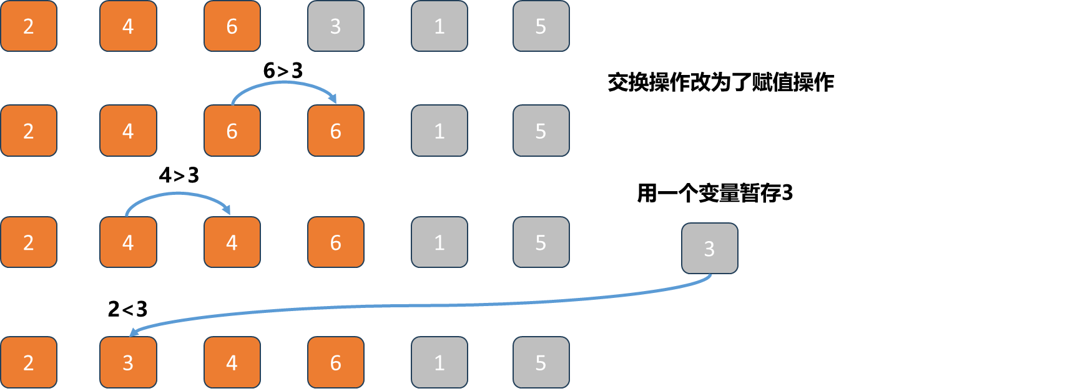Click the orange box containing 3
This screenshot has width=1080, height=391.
[128, 362]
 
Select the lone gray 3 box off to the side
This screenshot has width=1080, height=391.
[709, 249]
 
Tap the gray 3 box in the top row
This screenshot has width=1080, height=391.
[335, 26]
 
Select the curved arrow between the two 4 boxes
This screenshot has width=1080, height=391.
[178, 194]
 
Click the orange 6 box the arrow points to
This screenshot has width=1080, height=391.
[335, 131]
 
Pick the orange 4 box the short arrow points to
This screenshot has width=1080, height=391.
[232, 242]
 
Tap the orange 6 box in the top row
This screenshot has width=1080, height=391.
[232, 26]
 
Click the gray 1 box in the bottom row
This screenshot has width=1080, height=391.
[439, 362]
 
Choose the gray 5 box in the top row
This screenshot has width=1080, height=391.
[541, 26]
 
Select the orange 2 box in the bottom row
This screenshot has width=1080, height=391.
[29, 362]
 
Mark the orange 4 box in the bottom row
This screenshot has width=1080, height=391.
[232, 362]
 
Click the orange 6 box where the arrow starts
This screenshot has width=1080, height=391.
[232, 131]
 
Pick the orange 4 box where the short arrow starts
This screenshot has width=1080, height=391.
[128, 242]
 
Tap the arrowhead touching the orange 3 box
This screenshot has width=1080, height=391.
[134, 332]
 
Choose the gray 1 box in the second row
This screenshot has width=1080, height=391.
[439, 131]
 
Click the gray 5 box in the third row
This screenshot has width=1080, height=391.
[541, 242]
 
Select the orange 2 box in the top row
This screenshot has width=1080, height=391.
[29, 26]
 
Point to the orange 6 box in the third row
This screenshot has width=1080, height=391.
[335, 242]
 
